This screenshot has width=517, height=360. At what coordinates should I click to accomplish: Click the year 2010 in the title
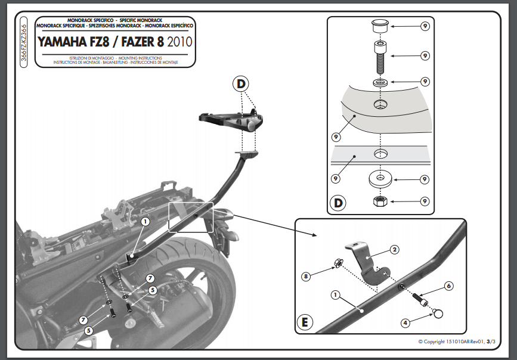coord(180,42)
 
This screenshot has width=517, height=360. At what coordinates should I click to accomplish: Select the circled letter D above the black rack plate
coord(240,84)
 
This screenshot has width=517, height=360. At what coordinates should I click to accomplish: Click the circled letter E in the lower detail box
coord(305,323)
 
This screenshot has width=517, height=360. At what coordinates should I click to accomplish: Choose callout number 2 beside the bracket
coord(394,249)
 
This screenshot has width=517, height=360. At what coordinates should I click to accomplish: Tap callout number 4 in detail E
coord(405,323)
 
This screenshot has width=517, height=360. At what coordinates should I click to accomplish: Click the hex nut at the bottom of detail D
coord(380,201)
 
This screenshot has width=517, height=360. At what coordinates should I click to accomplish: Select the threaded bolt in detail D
coord(380,57)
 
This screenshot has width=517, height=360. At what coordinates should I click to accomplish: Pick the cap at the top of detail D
coord(380,27)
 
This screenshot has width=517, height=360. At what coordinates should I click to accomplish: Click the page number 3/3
coord(491,342)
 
